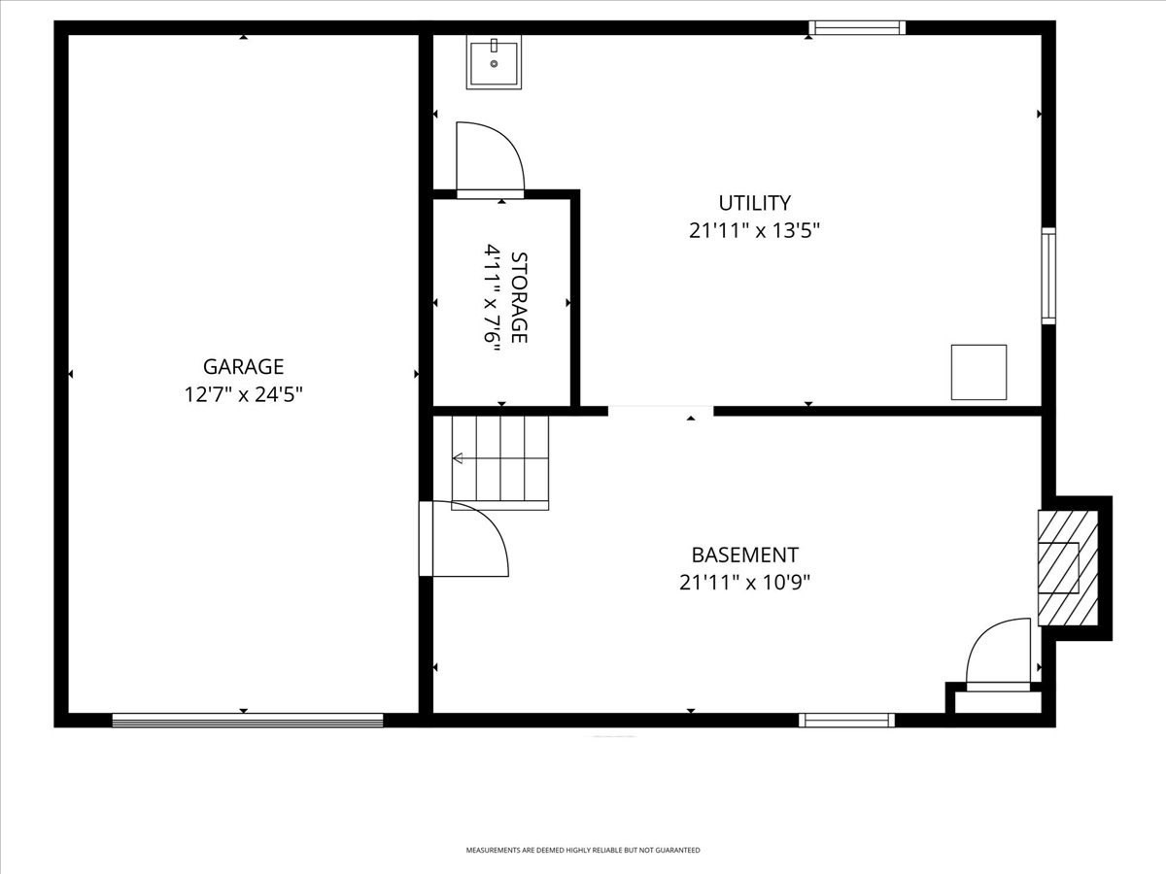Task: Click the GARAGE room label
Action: click(243, 367)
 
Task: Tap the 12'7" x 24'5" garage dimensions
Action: click(243, 394)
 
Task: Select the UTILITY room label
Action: click(754, 203)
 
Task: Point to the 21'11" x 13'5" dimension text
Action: click(754, 231)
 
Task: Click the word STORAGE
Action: click(519, 297)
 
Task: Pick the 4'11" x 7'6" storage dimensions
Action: click(492, 297)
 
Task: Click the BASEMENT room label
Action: click(744, 555)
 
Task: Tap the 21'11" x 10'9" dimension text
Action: click(744, 583)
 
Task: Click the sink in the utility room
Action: click(494, 62)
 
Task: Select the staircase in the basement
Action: click(500, 462)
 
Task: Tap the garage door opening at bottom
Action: click(248, 720)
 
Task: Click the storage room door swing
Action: click(490, 160)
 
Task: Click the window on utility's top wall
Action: click(858, 28)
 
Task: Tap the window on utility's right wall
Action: click(1048, 275)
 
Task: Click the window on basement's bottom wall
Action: click(846, 720)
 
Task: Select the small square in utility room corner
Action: click(978, 372)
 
